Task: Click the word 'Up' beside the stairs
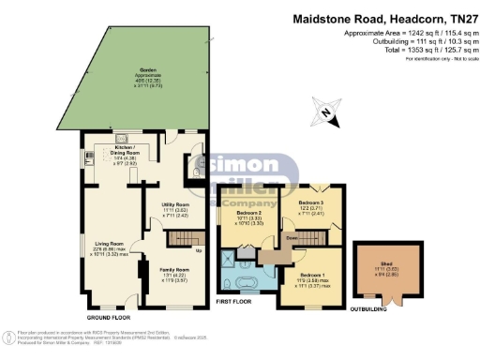point(198,250)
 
